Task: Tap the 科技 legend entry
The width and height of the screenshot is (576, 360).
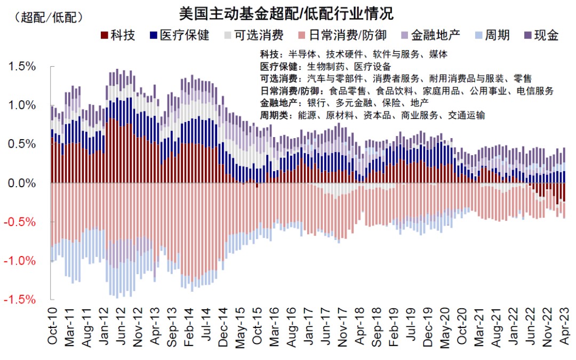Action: [x=118, y=36]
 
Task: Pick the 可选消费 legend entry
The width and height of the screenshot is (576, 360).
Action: [x=253, y=36]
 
